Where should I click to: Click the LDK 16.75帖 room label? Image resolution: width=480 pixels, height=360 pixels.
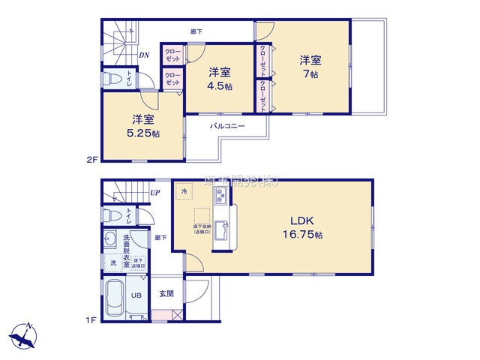(x=307, y=226)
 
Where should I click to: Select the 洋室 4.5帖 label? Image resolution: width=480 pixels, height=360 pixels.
(x=219, y=79)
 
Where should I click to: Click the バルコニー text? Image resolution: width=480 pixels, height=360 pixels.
(x=227, y=126)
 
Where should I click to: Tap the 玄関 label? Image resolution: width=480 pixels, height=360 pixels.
(x=166, y=294)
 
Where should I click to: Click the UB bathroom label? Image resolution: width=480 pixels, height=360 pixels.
(x=136, y=295)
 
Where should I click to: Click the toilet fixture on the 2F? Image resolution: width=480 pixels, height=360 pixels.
(x=112, y=78)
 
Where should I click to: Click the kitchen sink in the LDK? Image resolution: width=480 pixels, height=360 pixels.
(x=221, y=229)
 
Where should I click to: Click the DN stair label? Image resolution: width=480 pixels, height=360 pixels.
(x=144, y=55)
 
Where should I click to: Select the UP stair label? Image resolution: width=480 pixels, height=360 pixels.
(x=154, y=192)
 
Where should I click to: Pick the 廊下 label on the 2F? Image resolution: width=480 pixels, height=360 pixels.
(x=196, y=31)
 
